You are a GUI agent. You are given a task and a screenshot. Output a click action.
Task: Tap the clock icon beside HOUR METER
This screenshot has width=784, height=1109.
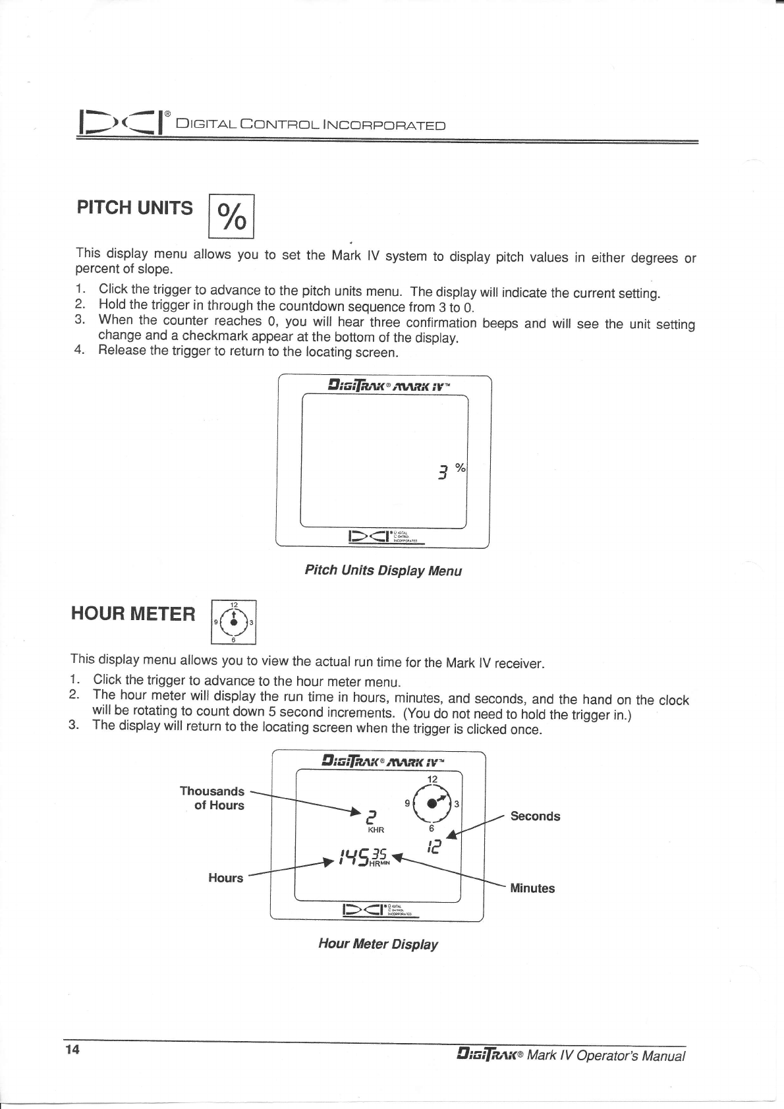pos(233,621)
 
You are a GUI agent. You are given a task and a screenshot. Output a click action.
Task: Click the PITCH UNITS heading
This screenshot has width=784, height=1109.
pos(135,208)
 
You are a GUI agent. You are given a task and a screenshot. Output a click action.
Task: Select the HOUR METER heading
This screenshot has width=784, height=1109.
pos(133,614)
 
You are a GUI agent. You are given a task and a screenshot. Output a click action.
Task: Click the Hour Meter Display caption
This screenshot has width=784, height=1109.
pos(378,944)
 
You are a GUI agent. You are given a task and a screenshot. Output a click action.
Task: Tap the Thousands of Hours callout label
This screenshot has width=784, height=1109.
pos(212,798)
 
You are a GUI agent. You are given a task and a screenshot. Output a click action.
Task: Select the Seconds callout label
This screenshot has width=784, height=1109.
pos(535,816)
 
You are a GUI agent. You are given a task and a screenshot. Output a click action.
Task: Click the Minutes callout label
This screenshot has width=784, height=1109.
pos(532,888)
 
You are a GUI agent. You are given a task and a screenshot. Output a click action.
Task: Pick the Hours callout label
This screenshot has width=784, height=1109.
pos(225,878)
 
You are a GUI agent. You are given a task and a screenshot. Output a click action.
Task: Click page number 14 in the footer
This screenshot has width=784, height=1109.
pos(72,1050)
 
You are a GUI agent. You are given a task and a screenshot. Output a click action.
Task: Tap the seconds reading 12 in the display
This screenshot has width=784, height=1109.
pos(433,845)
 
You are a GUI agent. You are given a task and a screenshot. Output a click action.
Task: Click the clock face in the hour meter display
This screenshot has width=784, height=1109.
pos(432,803)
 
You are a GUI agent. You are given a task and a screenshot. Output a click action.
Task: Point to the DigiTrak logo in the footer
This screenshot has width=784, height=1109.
pos(490,1055)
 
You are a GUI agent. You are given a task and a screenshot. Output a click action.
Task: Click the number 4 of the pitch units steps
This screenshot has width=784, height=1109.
pos(80,349)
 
